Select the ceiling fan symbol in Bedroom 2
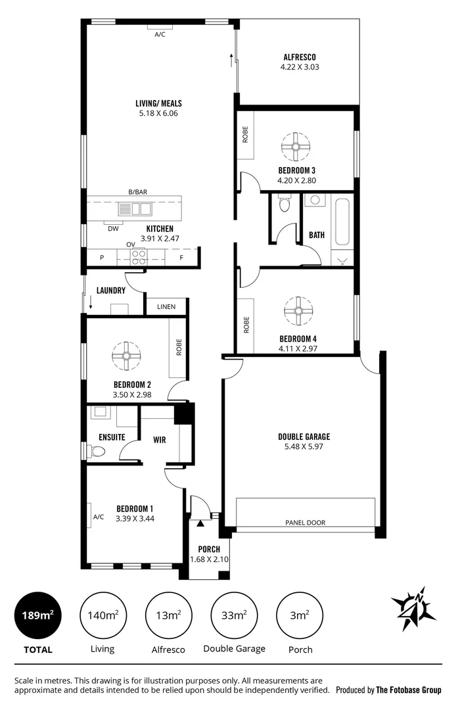125,355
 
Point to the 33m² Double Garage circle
234,615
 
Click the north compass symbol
414,609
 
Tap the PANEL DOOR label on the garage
305,523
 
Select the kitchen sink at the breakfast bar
135,209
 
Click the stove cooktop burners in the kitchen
139,256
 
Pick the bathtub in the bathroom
342,223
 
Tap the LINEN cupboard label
166,307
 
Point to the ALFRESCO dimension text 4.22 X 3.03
299,67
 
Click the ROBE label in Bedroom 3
246,136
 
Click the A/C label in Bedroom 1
98,517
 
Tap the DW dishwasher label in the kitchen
113,229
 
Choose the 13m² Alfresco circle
168,615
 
